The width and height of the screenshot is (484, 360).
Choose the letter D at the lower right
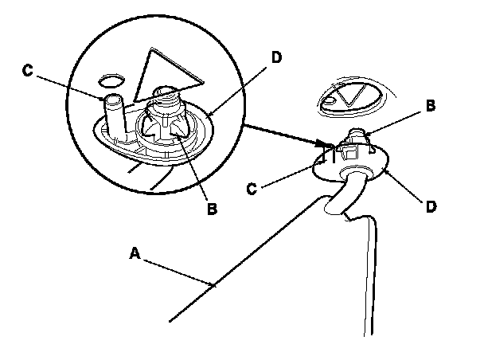[x=431, y=206]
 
